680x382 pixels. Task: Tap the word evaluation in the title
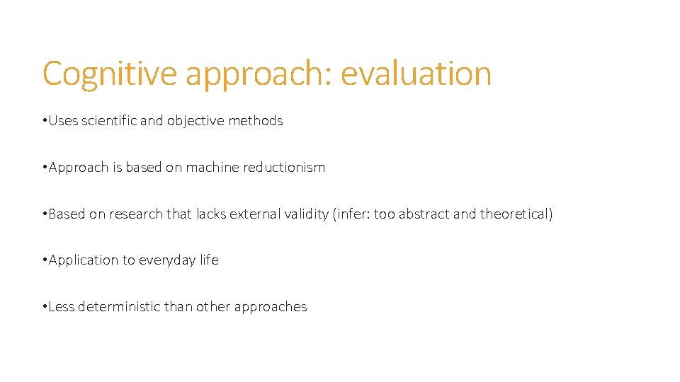(416, 74)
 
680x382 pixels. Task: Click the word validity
(303, 214)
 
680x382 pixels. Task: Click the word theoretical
(514, 214)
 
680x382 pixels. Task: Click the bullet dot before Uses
(44, 121)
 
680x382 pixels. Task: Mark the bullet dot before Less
(44, 307)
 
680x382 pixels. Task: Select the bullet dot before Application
(44, 260)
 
